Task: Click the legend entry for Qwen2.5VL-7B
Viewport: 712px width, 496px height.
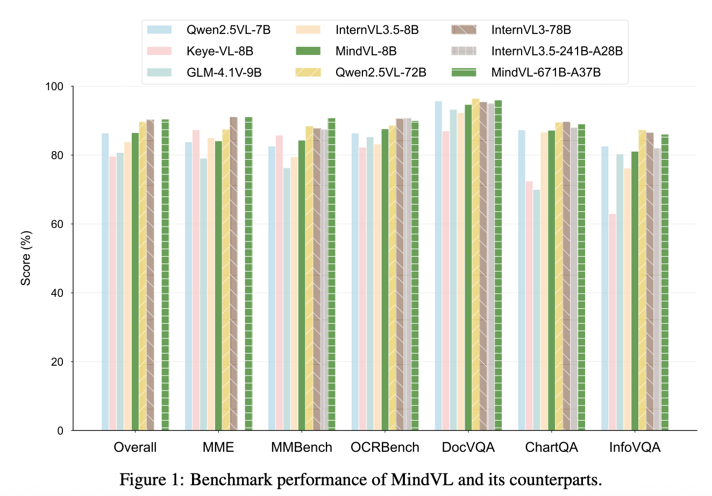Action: click(209, 30)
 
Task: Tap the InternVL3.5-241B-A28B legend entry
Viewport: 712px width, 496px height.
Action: click(537, 51)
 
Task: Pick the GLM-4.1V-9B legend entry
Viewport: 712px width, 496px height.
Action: click(204, 73)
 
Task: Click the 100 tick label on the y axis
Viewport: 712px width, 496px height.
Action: click(54, 87)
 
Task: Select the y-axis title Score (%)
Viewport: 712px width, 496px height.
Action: click(25, 258)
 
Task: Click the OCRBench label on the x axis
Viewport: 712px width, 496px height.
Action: click(385, 448)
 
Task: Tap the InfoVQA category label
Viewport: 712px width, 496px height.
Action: click(635, 448)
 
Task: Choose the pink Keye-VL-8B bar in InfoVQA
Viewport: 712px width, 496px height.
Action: click(612, 322)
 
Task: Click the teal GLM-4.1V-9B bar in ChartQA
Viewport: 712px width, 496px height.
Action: click(537, 310)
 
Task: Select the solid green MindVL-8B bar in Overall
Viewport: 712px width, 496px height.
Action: click(135, 282)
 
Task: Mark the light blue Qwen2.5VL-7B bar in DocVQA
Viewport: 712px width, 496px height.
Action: click(438, 266)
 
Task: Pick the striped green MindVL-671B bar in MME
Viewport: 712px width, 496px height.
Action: click(248, 274)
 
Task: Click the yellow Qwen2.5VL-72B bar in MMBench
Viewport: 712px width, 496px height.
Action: click(309, 278)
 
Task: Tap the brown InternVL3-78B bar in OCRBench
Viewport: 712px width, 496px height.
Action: click(400, 274)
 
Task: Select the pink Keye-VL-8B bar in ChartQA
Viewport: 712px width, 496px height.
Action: click(529, 306)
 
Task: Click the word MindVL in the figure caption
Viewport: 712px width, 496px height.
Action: click(422, 479)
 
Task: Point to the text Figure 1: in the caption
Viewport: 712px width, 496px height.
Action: click(152, 480)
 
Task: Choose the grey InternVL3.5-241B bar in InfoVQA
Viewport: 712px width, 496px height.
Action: click(657, 289)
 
